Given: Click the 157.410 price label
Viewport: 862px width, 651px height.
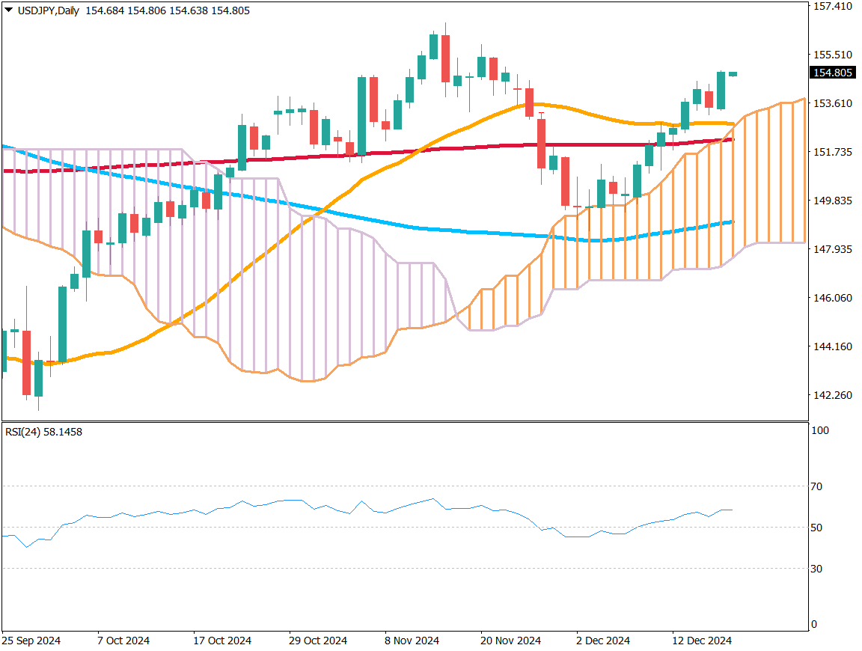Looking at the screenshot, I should (833, 7).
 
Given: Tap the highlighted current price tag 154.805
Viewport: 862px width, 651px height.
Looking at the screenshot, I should (833, 73).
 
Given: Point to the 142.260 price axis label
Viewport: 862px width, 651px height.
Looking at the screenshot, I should (833, 395).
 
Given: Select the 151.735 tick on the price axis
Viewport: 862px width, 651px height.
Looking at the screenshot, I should (833, 152).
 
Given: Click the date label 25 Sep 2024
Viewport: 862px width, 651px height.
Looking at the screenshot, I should (31, 641).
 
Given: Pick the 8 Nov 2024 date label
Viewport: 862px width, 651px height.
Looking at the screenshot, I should (412, 641).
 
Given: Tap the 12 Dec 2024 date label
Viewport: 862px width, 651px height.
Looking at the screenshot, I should (701, 641).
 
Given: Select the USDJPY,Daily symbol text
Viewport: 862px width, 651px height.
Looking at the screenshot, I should (49, 10).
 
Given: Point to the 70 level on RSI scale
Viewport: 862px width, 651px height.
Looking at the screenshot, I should (816, 486).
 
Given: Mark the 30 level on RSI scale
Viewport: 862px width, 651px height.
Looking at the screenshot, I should (816, 569).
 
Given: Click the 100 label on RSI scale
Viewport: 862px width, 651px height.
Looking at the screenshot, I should (819, 431).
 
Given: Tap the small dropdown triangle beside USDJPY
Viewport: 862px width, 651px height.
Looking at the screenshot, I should (8, 10).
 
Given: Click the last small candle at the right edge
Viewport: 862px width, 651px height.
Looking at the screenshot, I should (733, 74).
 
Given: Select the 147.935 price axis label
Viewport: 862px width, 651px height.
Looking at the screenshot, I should (833, 249).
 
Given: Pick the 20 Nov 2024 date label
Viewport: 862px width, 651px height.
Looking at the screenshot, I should (509, 641).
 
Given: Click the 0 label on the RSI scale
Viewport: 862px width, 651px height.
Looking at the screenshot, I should (814, 625).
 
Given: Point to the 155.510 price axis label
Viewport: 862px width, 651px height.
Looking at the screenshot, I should (833, 55).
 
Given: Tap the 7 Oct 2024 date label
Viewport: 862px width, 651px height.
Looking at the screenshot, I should (123, 641).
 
